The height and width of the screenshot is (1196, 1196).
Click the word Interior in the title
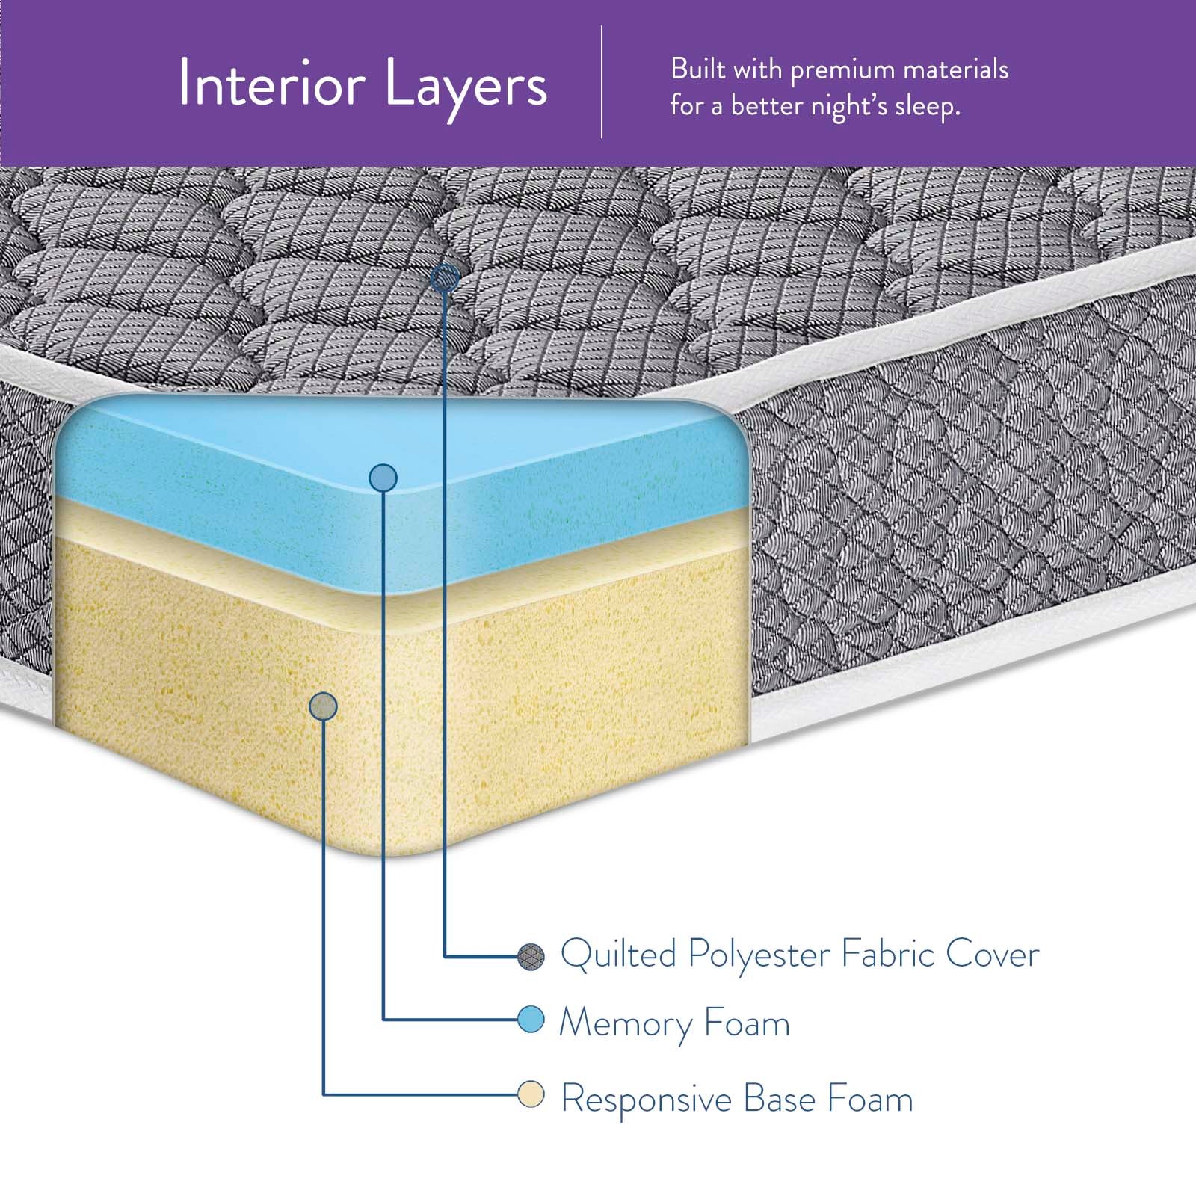271,84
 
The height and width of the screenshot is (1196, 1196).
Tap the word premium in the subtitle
842,70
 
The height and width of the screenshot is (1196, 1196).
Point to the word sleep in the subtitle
926,106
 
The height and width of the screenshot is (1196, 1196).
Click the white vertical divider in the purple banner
602,82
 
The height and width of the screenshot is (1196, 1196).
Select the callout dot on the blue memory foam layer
383,478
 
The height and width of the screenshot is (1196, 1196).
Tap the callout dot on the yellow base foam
323,706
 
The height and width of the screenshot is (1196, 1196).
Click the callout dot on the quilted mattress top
446,279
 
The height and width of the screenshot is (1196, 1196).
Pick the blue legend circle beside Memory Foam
531,1019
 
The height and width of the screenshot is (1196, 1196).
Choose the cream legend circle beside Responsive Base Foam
531,1096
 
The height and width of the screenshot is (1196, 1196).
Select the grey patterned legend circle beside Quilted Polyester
531,956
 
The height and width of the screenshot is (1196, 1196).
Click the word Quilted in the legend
618,955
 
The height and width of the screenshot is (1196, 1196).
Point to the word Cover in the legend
992,955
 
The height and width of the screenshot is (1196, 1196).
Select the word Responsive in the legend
646,1100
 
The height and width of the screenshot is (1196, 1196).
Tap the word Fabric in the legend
887,955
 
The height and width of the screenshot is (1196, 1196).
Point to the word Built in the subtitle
697,70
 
